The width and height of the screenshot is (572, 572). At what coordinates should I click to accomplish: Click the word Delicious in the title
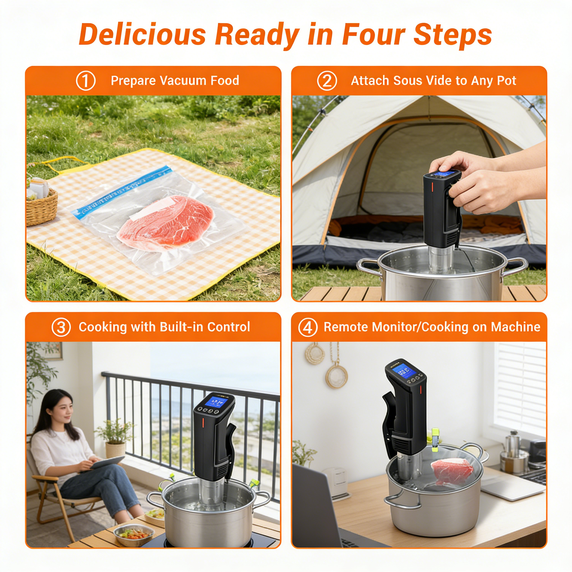click(x=142, y=34)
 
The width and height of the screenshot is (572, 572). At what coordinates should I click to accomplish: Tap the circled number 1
click(x=86, y=81)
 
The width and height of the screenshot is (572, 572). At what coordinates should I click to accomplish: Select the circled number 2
click(x=327, y=81)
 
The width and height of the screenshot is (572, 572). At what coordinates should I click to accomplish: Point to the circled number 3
click(x=61, y=327)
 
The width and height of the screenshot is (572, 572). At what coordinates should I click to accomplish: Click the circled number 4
click(x=308, y=327)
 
